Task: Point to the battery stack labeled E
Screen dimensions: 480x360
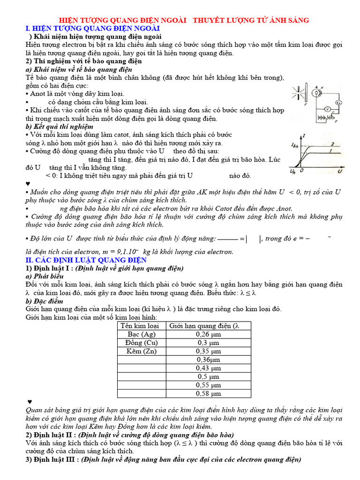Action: [x=323, y=118]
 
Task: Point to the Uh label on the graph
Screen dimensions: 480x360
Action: [x=293, y=171]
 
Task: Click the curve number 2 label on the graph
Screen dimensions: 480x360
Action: [x=332, y=144]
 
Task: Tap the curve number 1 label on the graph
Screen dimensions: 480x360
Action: [x=332, y=152]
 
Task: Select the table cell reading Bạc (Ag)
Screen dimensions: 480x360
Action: [x=141, y=334]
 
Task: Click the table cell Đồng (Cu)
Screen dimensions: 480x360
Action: [x=141, y=343]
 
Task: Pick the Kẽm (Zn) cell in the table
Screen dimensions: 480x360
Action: [x=141, y=351]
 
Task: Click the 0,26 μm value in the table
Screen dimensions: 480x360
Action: [x=208, y=334]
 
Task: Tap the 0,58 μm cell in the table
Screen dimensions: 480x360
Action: [x=208, y=393]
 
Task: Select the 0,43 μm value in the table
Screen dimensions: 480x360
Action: [x=208, y=368]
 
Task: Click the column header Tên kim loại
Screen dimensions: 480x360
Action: [x=140, y=326]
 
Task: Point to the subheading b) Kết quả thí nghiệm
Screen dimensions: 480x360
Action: [x=60, y=127]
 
